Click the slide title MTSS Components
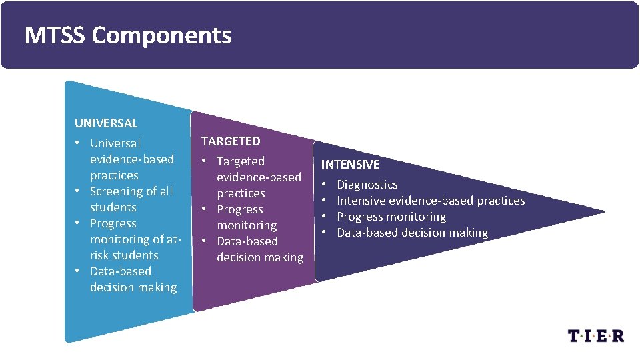point(127,35)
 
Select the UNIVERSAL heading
point(106,123)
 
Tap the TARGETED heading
point(231,141)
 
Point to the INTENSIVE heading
point(350,164)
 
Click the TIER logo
point(596,335)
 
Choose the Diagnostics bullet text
point(367,185)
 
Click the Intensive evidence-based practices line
point(431,201)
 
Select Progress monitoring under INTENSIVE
point(391,217)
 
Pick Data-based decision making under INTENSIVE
point(412,233)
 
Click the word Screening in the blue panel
point(117,191)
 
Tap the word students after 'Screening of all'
point(113,207)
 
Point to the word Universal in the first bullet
point(115,143)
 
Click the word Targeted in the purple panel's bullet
point(241,161)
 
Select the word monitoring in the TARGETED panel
point(247,225)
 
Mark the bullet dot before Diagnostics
point(324,185)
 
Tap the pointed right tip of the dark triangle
point(603,213)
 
